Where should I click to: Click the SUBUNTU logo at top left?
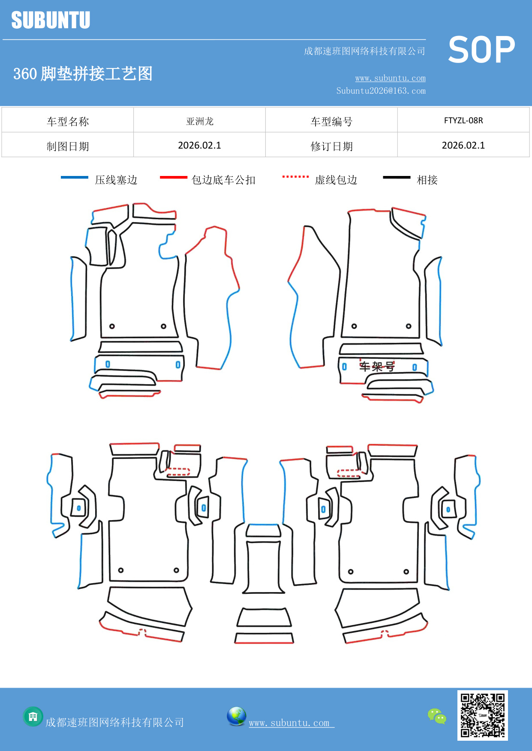pos(51,20)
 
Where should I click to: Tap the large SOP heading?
pos(481,50)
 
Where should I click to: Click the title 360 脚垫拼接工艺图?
pos(83,74)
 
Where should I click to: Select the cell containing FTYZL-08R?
pos(463,120)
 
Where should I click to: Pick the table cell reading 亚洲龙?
pos(199,121)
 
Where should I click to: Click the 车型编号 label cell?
pos(331,122)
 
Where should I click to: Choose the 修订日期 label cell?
pos(331,146)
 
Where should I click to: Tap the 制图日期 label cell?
pos(68,146)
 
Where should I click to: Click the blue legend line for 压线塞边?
pos(75,177)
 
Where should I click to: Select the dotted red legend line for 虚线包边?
pos(295,176)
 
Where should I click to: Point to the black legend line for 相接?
pos(397,177)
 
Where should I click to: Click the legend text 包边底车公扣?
pos(223,180)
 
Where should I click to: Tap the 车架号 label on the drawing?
pos(377,367)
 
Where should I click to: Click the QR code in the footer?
pos(482,715)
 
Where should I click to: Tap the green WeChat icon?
pos(437,716)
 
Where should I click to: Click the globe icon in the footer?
pos(236,716)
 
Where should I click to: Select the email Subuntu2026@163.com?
pos(381,91)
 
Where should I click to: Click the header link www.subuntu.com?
pos(390,78)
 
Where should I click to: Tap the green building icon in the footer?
pos(33,716)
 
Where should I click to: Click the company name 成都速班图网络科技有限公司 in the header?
pos(364,51)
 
